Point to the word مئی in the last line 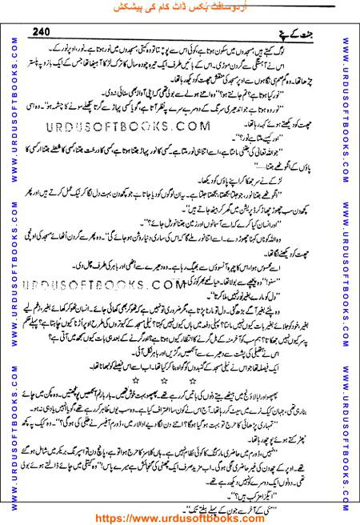point(310,498)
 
